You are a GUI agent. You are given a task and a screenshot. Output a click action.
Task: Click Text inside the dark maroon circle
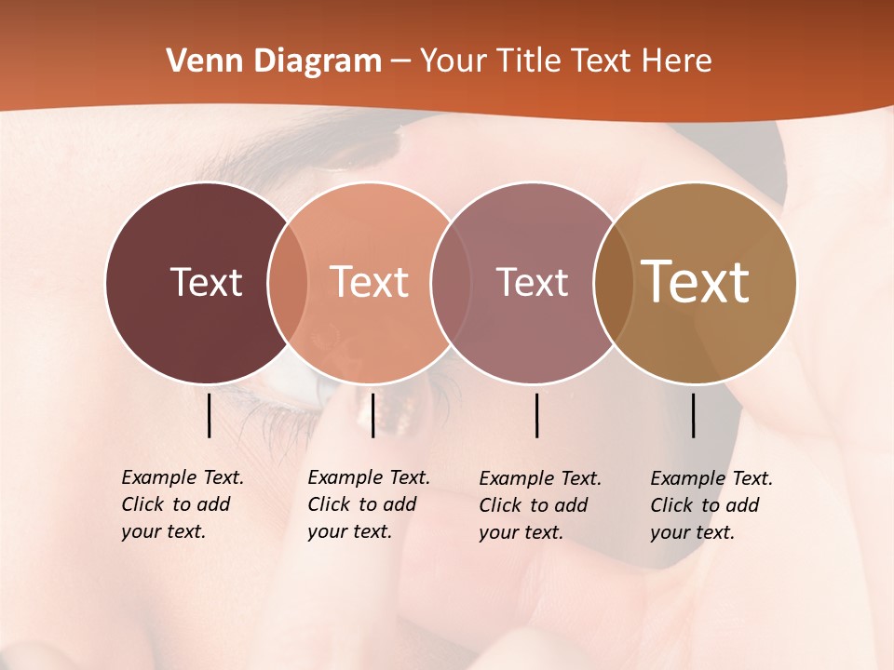click(x=206, y=282)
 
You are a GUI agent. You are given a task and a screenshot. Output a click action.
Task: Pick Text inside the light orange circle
click(x=370, y=282)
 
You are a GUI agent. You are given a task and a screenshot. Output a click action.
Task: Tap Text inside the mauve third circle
click(x=532, y=282)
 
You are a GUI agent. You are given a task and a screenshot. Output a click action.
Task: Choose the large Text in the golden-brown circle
click(x=696, y=282)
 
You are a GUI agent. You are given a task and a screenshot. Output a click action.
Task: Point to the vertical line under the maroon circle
click(x=209, y=415)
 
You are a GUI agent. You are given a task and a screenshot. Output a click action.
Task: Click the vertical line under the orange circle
click(x=372, y=415)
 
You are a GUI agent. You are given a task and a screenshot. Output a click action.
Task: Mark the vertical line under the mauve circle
click(x=536, y=415)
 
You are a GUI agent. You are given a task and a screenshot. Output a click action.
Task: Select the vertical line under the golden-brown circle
click(x=693, y=415)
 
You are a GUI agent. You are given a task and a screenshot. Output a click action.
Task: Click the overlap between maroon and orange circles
click(x=288, y=283)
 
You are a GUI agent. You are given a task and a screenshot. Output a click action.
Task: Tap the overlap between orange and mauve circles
click(x=451, y=283)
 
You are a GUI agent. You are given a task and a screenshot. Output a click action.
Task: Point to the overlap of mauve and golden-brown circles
click(x=613, y=283)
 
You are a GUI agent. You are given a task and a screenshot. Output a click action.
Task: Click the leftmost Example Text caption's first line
click(x=183, y=477)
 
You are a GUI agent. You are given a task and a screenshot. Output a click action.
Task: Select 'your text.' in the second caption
click(x=349, y=531)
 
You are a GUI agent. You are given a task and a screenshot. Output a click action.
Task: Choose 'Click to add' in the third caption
click(x=534, y=505)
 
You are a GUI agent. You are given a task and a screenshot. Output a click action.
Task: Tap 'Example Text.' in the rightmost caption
click(x=711, y=478)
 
